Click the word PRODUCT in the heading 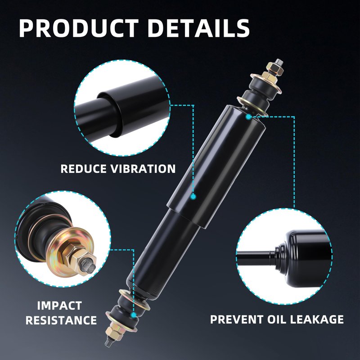pos(79,28)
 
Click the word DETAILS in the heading pos(199,28)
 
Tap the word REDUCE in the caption pos(84,169)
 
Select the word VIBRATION pos(143,169)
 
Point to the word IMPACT pos(59,306)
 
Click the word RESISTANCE pos(61,320)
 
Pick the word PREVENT pos(237,319)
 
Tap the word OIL pos(277,319)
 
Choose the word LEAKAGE pos(317,319)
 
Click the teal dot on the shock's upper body pos(193,197)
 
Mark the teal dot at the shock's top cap pos(248,117)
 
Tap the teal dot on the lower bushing pos(134,315)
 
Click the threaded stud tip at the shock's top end pos(279,62)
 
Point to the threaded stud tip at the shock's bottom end pos(108,343)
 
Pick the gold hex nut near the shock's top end pos(273,68)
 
